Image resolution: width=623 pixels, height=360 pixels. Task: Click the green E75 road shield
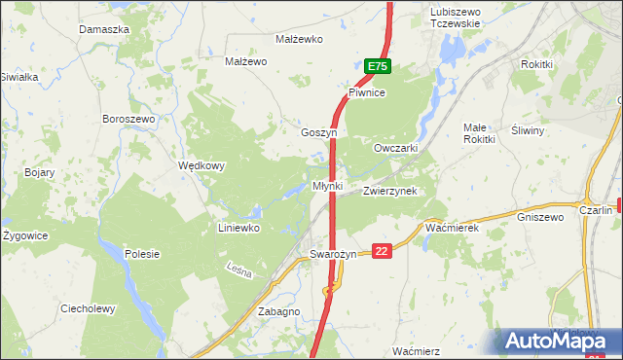pos(378,66)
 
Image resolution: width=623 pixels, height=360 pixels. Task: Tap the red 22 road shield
pos(382,250)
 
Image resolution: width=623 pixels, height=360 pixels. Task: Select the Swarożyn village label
pos(335,254)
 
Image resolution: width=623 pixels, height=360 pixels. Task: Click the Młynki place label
pos(327,185)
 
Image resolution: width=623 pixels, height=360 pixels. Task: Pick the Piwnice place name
pos(368,92)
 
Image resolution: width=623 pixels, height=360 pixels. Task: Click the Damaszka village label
pos(104,30)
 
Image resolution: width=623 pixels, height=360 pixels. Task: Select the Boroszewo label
pos(128,119)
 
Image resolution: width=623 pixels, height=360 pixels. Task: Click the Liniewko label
pos(238,229)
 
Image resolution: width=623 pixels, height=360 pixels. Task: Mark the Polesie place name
pos(142,254)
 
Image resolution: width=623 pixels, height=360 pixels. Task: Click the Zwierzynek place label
pos(389,192)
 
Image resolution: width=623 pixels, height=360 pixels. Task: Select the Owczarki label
pos(396,148)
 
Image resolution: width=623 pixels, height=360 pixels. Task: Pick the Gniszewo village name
pos(541,217)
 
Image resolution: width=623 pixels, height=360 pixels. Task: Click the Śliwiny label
pos(527,129)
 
